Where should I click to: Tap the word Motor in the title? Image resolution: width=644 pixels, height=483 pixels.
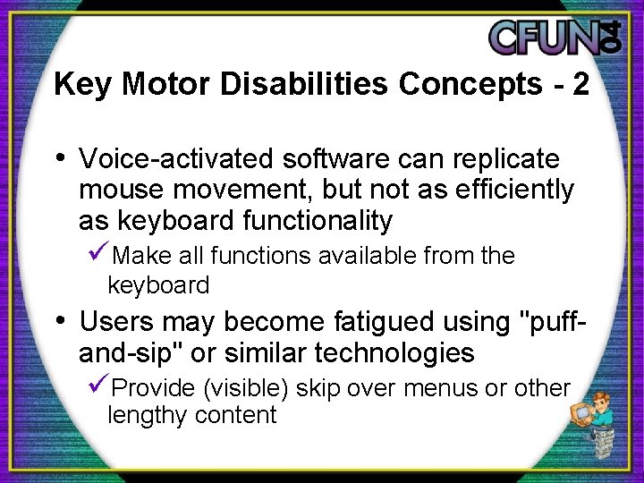(165, 84)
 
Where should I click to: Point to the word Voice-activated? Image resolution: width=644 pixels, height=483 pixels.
(177, 159)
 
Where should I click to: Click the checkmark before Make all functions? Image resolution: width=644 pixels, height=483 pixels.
(100, 255)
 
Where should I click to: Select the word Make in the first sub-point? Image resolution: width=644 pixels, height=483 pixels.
(143, 256)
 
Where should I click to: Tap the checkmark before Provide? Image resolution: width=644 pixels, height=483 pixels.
(100, 387)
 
